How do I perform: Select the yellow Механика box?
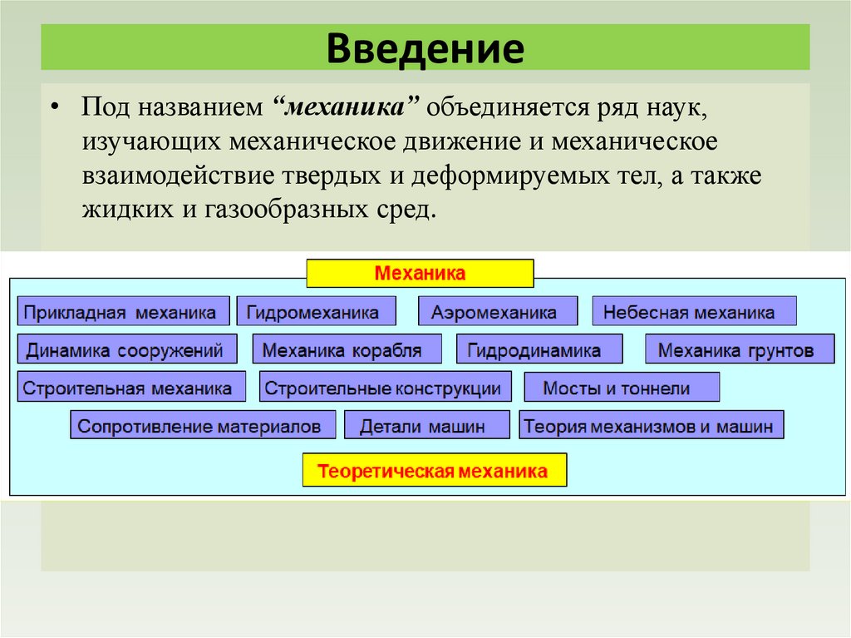[x=420, y=273]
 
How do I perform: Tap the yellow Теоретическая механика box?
[x=434, y=472]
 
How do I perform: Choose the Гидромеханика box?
[x=316, y=312]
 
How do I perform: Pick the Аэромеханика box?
[x=497, y=312]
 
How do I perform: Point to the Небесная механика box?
[x=694, y=312]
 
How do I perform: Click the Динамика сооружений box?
[x=126, y=349]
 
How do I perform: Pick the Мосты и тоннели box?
[x=622, y=388]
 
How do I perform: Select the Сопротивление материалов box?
[x=203, y=425]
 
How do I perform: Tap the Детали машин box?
[x=426, y=425]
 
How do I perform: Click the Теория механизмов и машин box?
[x=652, y=425]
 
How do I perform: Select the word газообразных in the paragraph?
[x=283, y=208]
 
